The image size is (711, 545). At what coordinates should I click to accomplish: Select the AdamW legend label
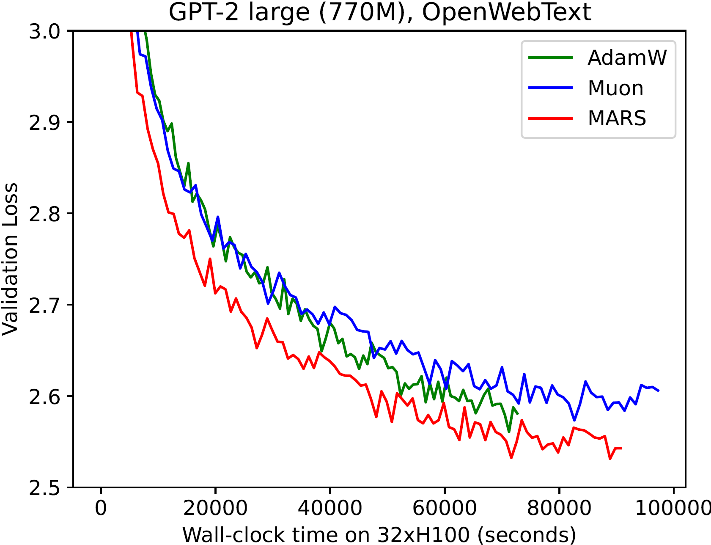tap(627, 58)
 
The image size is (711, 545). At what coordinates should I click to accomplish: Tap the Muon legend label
tap(615, 88)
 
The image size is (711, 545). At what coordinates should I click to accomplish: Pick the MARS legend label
tap(617, 118)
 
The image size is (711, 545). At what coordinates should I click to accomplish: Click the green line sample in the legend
tap(550, 58)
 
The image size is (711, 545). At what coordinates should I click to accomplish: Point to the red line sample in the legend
tap(550, 118)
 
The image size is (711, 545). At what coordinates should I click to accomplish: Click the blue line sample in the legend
tap(550, 88)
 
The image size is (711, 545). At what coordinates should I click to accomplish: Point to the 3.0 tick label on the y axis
tap(45, 31)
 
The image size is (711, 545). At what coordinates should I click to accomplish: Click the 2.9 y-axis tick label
tap(45, 122)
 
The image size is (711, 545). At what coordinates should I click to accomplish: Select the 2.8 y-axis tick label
tap(45, 214)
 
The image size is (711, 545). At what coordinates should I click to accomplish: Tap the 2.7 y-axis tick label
tap(45, 305)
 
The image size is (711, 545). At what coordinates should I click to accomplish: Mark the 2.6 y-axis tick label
tap(45, 396)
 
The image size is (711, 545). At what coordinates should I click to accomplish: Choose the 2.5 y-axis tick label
tap(45, 487)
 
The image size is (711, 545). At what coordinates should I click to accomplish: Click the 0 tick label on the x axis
tap(101, 508)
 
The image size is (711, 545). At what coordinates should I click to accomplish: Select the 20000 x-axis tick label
tap(215, 508)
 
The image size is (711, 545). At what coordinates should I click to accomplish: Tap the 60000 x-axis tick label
tap(445, 508)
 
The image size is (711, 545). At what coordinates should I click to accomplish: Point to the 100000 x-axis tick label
tap(673, 508)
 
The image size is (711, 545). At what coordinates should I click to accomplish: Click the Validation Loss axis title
tap(10, 259)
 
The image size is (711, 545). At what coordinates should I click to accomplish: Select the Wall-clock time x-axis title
tap(379, 535)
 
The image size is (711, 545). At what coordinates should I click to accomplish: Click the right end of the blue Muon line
tap(659, 391)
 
